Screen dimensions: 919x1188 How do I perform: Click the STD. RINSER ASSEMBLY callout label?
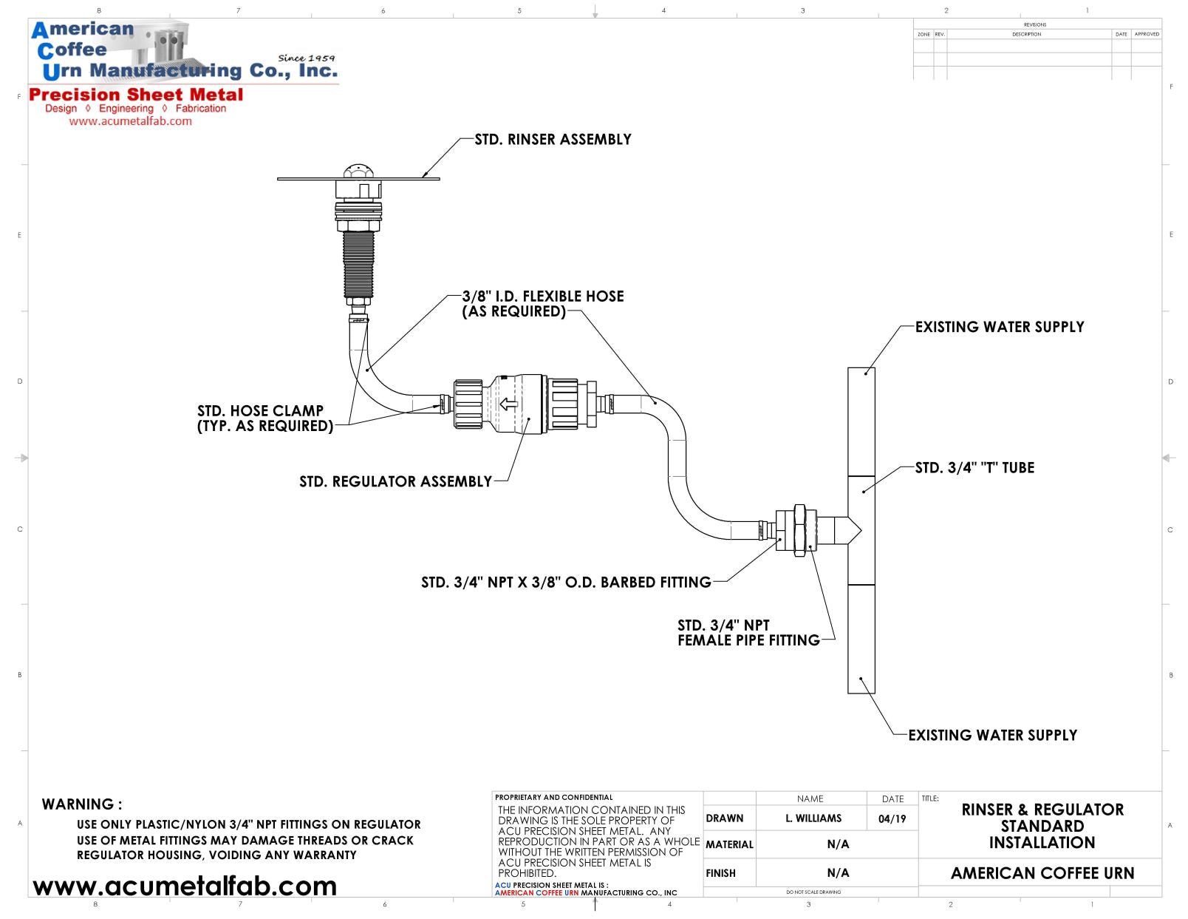coord(553,140)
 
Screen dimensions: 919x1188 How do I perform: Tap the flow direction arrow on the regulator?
coord(508,404)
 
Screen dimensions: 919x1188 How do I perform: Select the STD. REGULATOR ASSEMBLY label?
coord(395,482)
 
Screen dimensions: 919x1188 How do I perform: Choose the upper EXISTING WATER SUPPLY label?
coord(999,327)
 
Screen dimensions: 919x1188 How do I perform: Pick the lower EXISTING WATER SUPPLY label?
coord(992,735)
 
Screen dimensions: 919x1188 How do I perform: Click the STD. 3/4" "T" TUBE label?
coord(974,468)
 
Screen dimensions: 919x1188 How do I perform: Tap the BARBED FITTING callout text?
coord(566,583)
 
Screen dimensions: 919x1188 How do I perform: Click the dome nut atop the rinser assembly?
coord(359,171)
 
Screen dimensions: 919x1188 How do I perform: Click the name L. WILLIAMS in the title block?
coord(813,818)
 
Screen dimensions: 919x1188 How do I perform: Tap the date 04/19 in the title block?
coord(892,818)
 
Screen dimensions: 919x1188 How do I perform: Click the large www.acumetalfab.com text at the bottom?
coord(185,886)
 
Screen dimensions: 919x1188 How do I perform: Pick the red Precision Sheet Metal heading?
coord(136,95)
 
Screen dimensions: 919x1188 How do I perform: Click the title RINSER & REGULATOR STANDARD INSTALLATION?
coord(1042,826)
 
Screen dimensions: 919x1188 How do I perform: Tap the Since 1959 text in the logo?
coord(306,58)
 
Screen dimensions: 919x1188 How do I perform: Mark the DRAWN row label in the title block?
coord(724,818)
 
